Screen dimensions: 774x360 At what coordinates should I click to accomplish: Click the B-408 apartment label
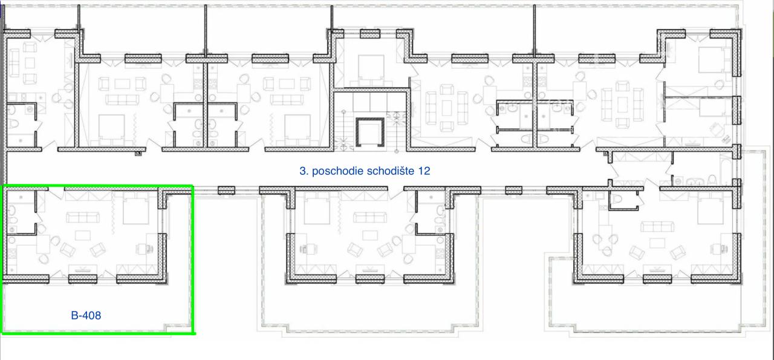click(86, 315)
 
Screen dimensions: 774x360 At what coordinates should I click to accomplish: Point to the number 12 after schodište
click(424, 171)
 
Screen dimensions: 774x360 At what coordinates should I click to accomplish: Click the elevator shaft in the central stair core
click(370, 132)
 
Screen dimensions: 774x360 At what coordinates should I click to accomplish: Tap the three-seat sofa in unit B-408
click(83, 218)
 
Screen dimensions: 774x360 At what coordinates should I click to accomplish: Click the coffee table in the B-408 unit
click(83, 235)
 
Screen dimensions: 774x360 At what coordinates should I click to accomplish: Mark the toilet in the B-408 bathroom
click(13, 220)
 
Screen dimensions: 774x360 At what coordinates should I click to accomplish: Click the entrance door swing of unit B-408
click(57, 193)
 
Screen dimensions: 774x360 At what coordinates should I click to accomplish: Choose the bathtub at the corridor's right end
click(726, 169)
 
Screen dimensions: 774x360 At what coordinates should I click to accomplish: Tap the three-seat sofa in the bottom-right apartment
click(657, 227)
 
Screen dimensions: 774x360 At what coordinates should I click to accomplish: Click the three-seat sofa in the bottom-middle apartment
click(370, 218)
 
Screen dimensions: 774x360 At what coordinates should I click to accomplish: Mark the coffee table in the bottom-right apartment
click(657, 243)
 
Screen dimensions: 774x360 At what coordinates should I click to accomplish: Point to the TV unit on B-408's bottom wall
click(83, 269)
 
